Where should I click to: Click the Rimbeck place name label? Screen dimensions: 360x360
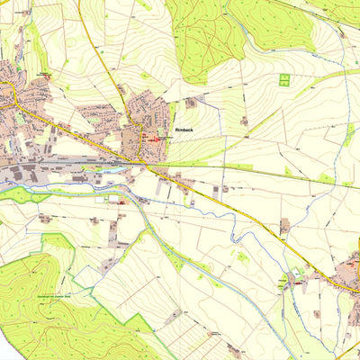[x=186, y=129]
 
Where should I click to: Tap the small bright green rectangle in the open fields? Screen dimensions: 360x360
[x=283, y=80]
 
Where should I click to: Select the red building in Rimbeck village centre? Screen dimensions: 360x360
[x=157, y=139]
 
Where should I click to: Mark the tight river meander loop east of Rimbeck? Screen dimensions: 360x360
[x=233, y=236]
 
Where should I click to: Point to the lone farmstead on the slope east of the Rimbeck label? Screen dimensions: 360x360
[x=244, y=120]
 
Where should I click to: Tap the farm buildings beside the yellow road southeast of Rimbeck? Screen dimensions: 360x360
[x=283, y=225]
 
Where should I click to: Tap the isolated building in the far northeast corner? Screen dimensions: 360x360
[x=341, y=32]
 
